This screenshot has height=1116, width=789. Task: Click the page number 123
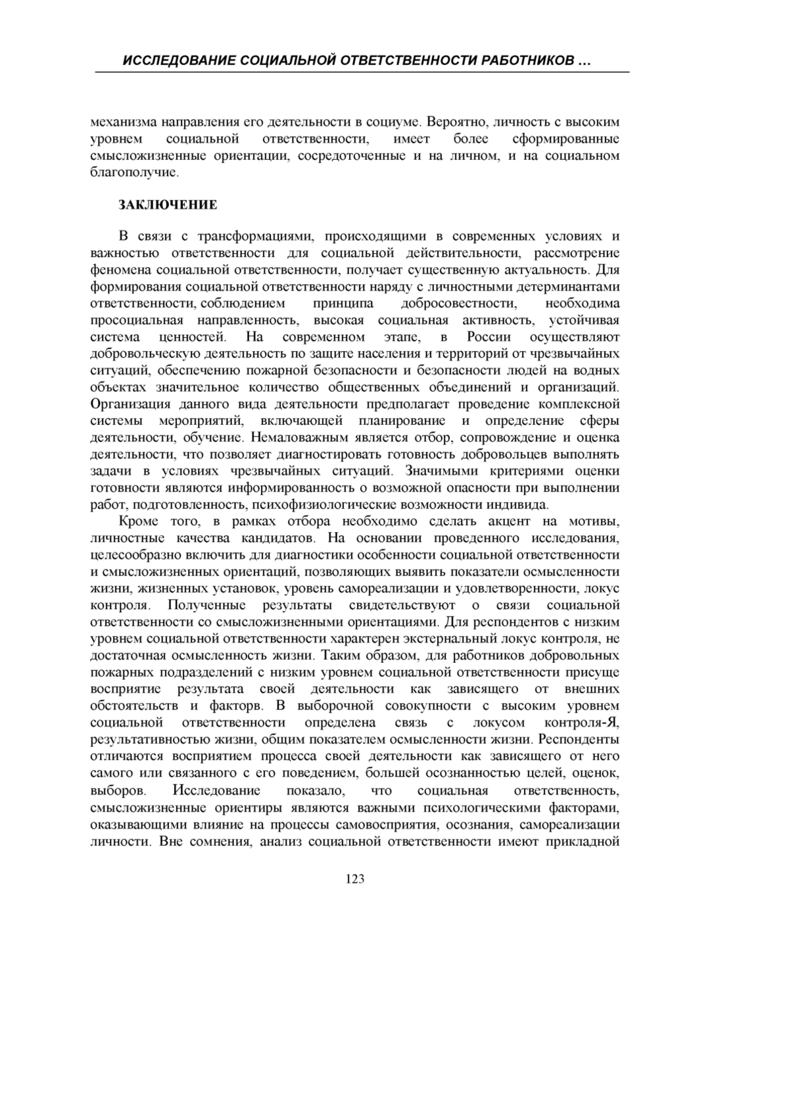click(x=355, y=879)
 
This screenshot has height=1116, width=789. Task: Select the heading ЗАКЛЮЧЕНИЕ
click(x=168, y=205)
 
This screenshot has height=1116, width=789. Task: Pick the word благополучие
click(x=133, y=173)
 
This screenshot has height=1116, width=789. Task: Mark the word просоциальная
click(x=135, y=320)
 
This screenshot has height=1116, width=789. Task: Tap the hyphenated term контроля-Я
click(x=587, y=723)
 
